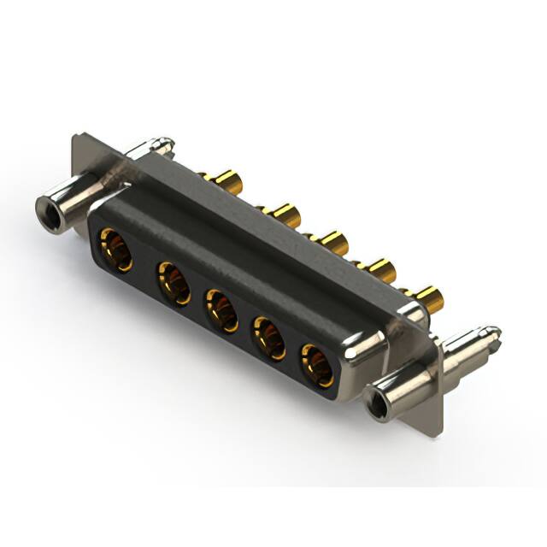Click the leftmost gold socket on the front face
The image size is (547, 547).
(x=115, y=249)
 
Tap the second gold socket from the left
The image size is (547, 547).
(x=174, y=282)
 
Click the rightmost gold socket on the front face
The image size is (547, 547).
(x=317, y=363)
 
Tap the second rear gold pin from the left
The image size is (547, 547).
(x=282, y=214)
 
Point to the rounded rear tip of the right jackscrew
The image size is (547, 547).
(x=493, y=331)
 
